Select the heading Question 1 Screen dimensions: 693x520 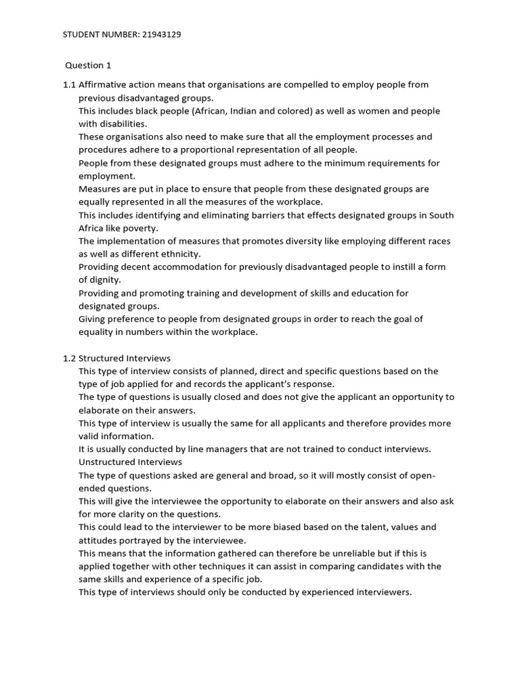88,66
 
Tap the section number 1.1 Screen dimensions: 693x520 69,85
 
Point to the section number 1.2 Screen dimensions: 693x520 69,358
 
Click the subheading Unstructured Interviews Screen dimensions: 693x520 130,462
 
